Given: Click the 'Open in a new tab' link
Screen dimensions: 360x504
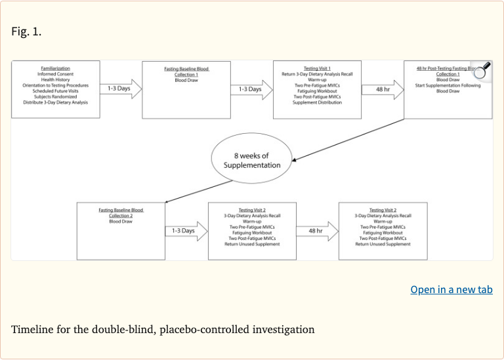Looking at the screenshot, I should tap(451, 289).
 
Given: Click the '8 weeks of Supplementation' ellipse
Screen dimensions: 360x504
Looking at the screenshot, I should tap(252, 161).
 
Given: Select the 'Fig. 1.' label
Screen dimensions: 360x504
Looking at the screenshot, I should tap(26, 31).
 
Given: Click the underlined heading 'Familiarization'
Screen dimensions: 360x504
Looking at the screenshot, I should tap(55, 68).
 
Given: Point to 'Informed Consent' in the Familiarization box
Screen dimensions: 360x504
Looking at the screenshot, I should tap(55, 74).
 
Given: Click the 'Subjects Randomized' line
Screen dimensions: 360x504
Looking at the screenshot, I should tap(55, 96).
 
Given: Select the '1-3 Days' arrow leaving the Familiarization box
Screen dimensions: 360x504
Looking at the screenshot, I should tap(121, 89).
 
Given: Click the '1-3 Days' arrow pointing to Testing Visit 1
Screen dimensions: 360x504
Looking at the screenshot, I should tap(251, 89).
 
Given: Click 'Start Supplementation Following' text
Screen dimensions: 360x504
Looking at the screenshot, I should tap(448, 85).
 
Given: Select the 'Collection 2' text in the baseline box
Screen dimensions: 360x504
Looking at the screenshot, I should tap(121, 216).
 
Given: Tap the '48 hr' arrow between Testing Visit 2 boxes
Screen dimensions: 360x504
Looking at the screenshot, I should tap(317, 231).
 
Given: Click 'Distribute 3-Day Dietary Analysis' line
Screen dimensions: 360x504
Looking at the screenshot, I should tap(55, 102).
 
